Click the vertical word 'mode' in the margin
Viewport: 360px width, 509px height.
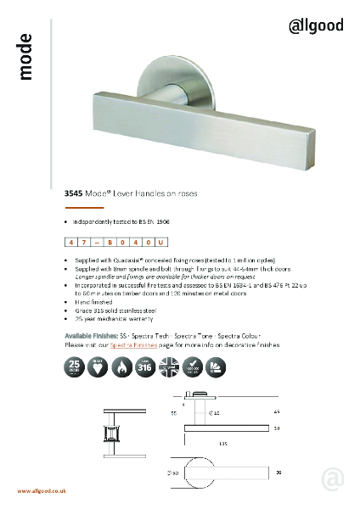point(25,57)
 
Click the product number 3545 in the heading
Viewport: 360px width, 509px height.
point(74,193)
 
